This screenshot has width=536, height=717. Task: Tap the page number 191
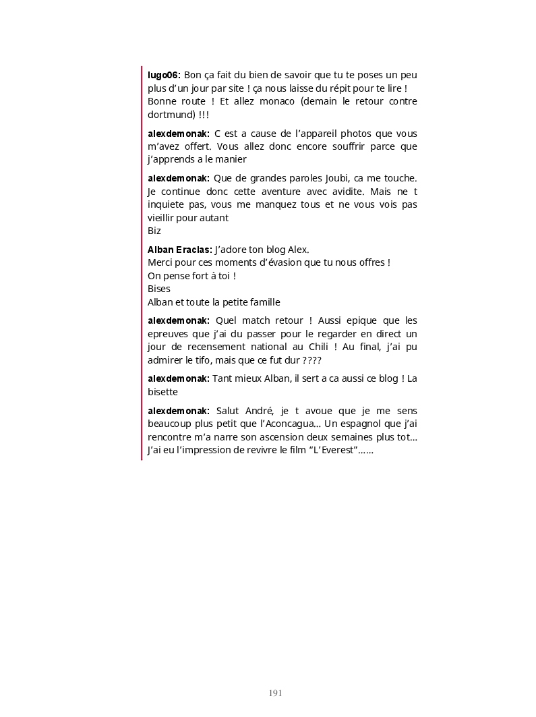(x=275, y=693)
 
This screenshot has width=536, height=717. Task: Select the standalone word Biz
(x=154, y=231)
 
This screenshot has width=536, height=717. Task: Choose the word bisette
(x=162, y=392)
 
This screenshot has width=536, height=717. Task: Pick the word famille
(x=262, y=302)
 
